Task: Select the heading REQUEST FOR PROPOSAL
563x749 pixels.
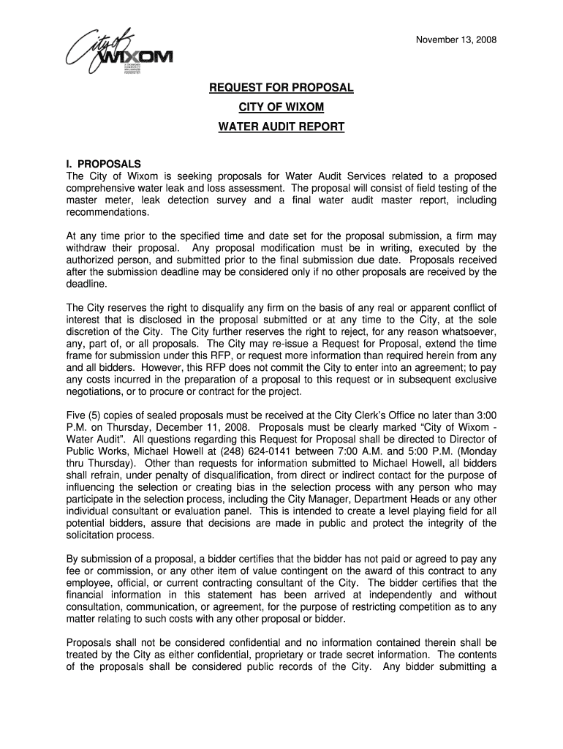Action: pyautogui.click(x=281, y=88)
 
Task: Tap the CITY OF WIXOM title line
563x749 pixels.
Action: pyautogui.click(x=281, y=108)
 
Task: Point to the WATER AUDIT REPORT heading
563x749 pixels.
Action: pyautogui.click(x=281, y=127)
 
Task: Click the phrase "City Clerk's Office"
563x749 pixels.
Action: pyautogui.click(x=352, y=415)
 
